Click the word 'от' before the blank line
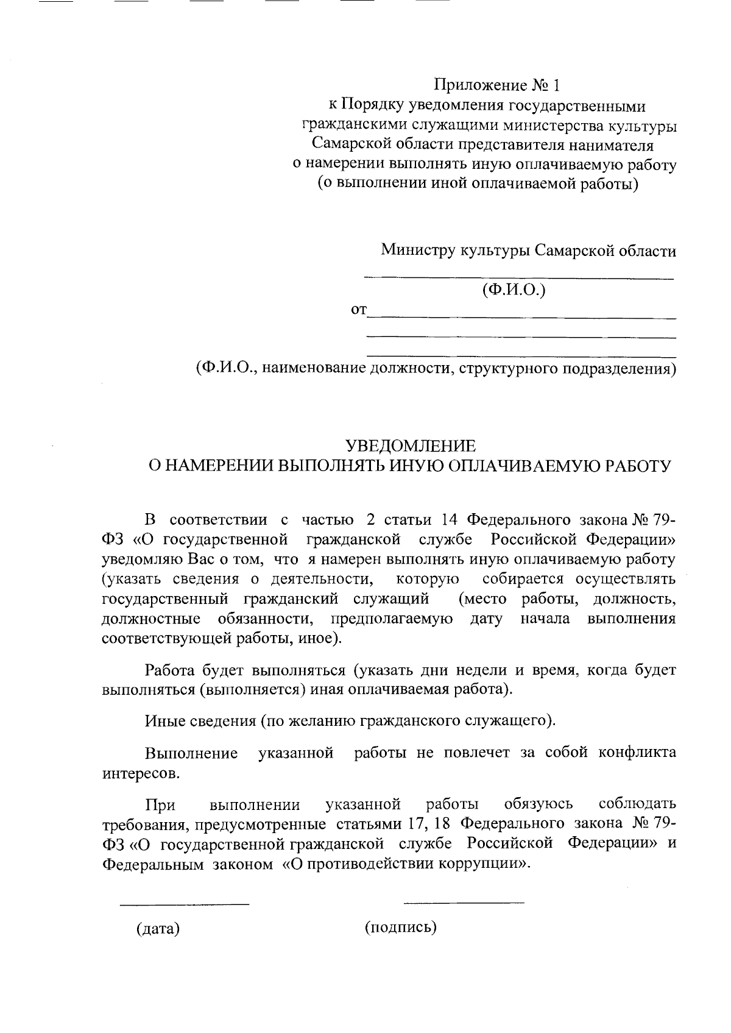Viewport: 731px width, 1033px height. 359,311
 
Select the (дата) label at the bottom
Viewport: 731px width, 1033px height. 158,929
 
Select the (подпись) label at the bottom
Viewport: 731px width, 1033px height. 401,928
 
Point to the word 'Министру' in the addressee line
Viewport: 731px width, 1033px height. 417,250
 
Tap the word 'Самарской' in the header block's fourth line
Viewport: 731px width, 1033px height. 353,145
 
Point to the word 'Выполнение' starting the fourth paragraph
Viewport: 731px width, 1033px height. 191,753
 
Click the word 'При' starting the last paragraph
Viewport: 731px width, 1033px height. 160,805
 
